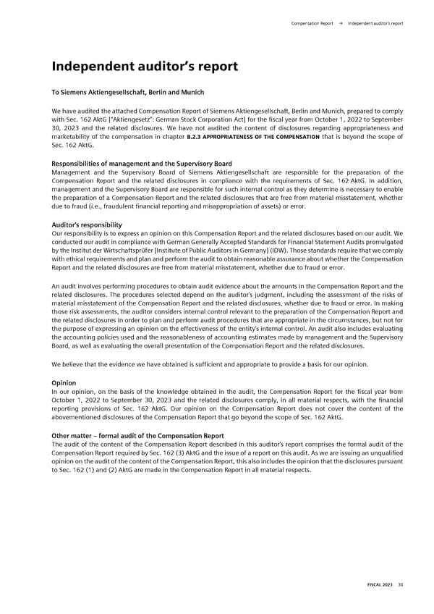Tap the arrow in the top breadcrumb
point(341,23)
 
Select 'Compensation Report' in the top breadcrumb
point(312,23)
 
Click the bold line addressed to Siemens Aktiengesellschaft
point(128,93)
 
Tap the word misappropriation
point(219,206)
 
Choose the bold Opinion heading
point(63,382)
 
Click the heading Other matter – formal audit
point(137,435)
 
